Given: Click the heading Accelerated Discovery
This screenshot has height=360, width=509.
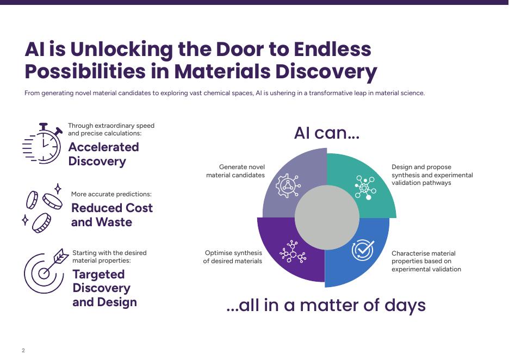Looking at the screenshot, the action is (x=103, y=154).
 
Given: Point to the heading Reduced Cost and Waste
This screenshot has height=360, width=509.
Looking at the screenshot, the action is (x=111, y=215).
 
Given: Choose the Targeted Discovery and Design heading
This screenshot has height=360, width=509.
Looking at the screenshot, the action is (x=104, y=288).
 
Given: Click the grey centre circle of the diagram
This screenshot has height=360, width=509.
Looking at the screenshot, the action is (x=327, y=218).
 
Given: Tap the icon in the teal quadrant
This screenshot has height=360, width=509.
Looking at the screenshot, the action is (x=365, y=187).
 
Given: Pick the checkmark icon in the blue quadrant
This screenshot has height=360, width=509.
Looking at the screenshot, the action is (x=362, y=250).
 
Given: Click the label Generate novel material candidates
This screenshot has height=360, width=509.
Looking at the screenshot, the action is (x=235, y=171).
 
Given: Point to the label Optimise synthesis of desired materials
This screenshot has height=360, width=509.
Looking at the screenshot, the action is (x=233, y=257).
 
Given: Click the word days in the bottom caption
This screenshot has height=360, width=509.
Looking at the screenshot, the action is (x=405, y=305).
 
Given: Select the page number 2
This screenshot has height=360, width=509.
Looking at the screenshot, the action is (x=23, y=350).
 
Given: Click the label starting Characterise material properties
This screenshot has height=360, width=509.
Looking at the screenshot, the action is (x=426, y=261).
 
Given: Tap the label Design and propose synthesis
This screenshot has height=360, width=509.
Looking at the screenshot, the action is (x=432, y=175).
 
